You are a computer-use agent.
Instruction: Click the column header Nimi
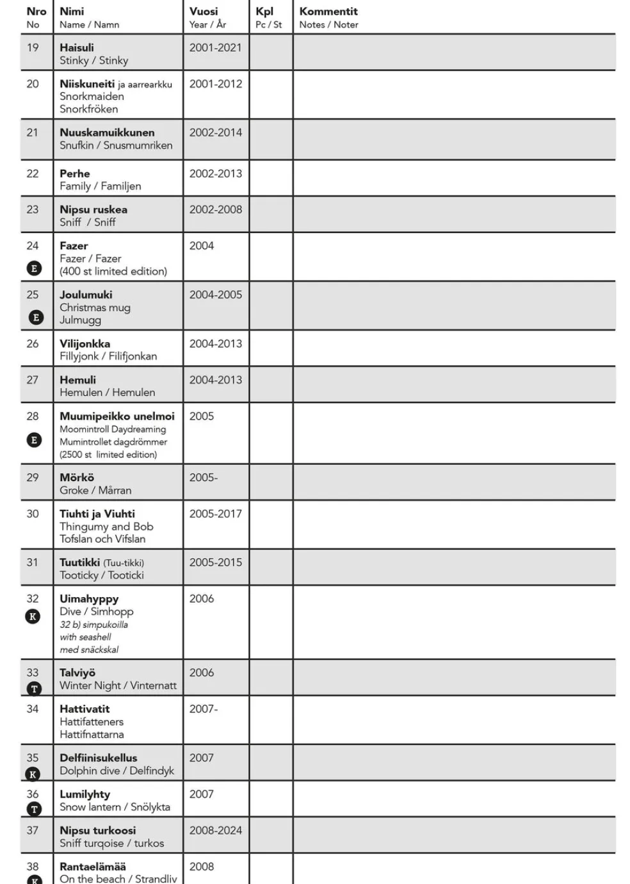pos(72,12)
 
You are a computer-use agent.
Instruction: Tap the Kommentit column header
pos(328,12)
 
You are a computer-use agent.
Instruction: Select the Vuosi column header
pos(204,12)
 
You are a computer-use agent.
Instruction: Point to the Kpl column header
pos(264,12)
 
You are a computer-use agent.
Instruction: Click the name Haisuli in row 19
pos(77,47)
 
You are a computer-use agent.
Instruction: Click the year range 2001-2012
pos(216,84)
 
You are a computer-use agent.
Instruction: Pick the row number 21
pos(33,133)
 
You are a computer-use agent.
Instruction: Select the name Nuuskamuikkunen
pos(107,133)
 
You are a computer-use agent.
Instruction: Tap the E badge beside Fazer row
pos(35,268)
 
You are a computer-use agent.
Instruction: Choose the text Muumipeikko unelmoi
pos(117,416)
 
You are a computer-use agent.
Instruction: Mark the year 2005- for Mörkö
pos(204,478)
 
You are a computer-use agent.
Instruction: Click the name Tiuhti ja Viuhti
pos(97,514)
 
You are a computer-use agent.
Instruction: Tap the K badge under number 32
pos(33,616)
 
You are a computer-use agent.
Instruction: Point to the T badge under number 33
pos(35,689)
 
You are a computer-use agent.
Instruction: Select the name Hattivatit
pos(85,709)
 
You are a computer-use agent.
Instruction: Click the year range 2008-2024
pos(216,830)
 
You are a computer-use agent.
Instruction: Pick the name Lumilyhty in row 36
pos(85,794)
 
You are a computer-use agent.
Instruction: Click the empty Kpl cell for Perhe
pos(271,179)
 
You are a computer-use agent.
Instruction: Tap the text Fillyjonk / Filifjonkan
pos(108,356)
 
